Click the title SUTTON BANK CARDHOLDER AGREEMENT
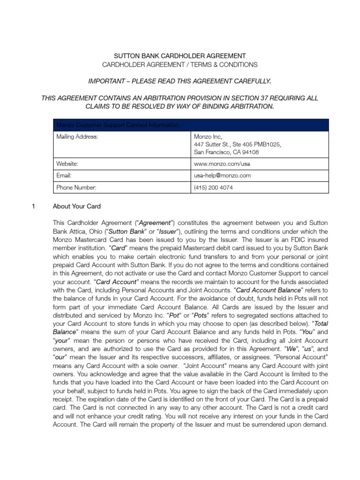pos(180,55)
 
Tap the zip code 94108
pos(249,152)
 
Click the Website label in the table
pos(67,164)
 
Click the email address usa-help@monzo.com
pos(222,176)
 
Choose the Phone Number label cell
pos(76,187)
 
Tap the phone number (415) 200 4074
pos(213,187)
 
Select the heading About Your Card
pos(76,206)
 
